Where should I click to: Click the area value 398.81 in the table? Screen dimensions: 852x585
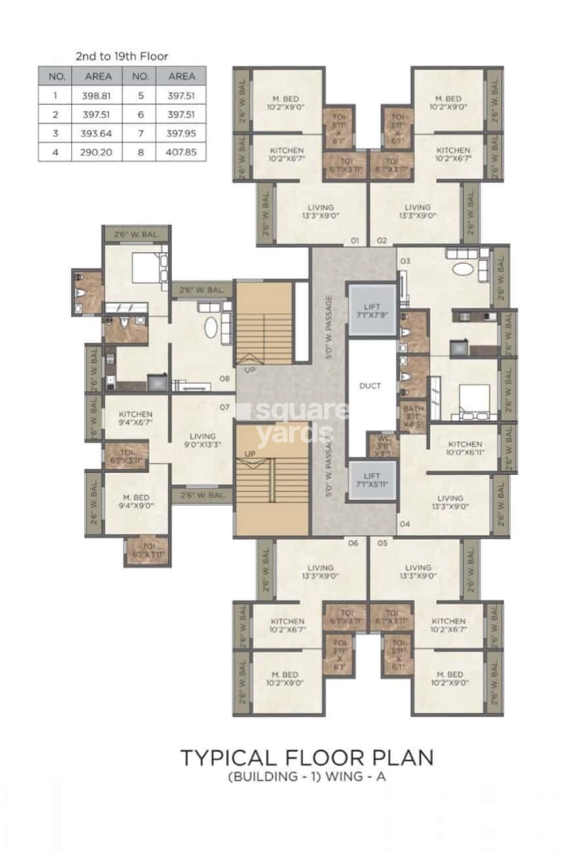click(98, 95)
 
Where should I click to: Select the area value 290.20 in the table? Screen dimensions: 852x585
click(98, 152)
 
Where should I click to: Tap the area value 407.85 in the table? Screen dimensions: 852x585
click(181, 152)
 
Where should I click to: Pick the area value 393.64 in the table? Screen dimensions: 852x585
click(98, 133)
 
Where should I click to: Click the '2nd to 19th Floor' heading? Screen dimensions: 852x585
click(122, 57)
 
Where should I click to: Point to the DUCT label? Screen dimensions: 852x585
click(370, 386)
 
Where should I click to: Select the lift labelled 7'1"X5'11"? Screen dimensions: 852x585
click(372, 479)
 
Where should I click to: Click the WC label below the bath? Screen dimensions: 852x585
click(383, 445)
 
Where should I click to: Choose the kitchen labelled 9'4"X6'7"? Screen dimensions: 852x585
click(135, 418)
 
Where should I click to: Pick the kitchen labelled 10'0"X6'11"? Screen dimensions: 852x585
click(464, 448)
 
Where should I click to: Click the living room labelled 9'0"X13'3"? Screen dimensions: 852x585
click(202, 441)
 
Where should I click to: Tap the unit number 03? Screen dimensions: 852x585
click(405, 261)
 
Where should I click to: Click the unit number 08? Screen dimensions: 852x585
click(225, 379)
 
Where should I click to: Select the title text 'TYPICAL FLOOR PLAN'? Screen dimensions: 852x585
click(307, 757)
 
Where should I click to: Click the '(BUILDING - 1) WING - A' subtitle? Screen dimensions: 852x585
click(307, 777)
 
